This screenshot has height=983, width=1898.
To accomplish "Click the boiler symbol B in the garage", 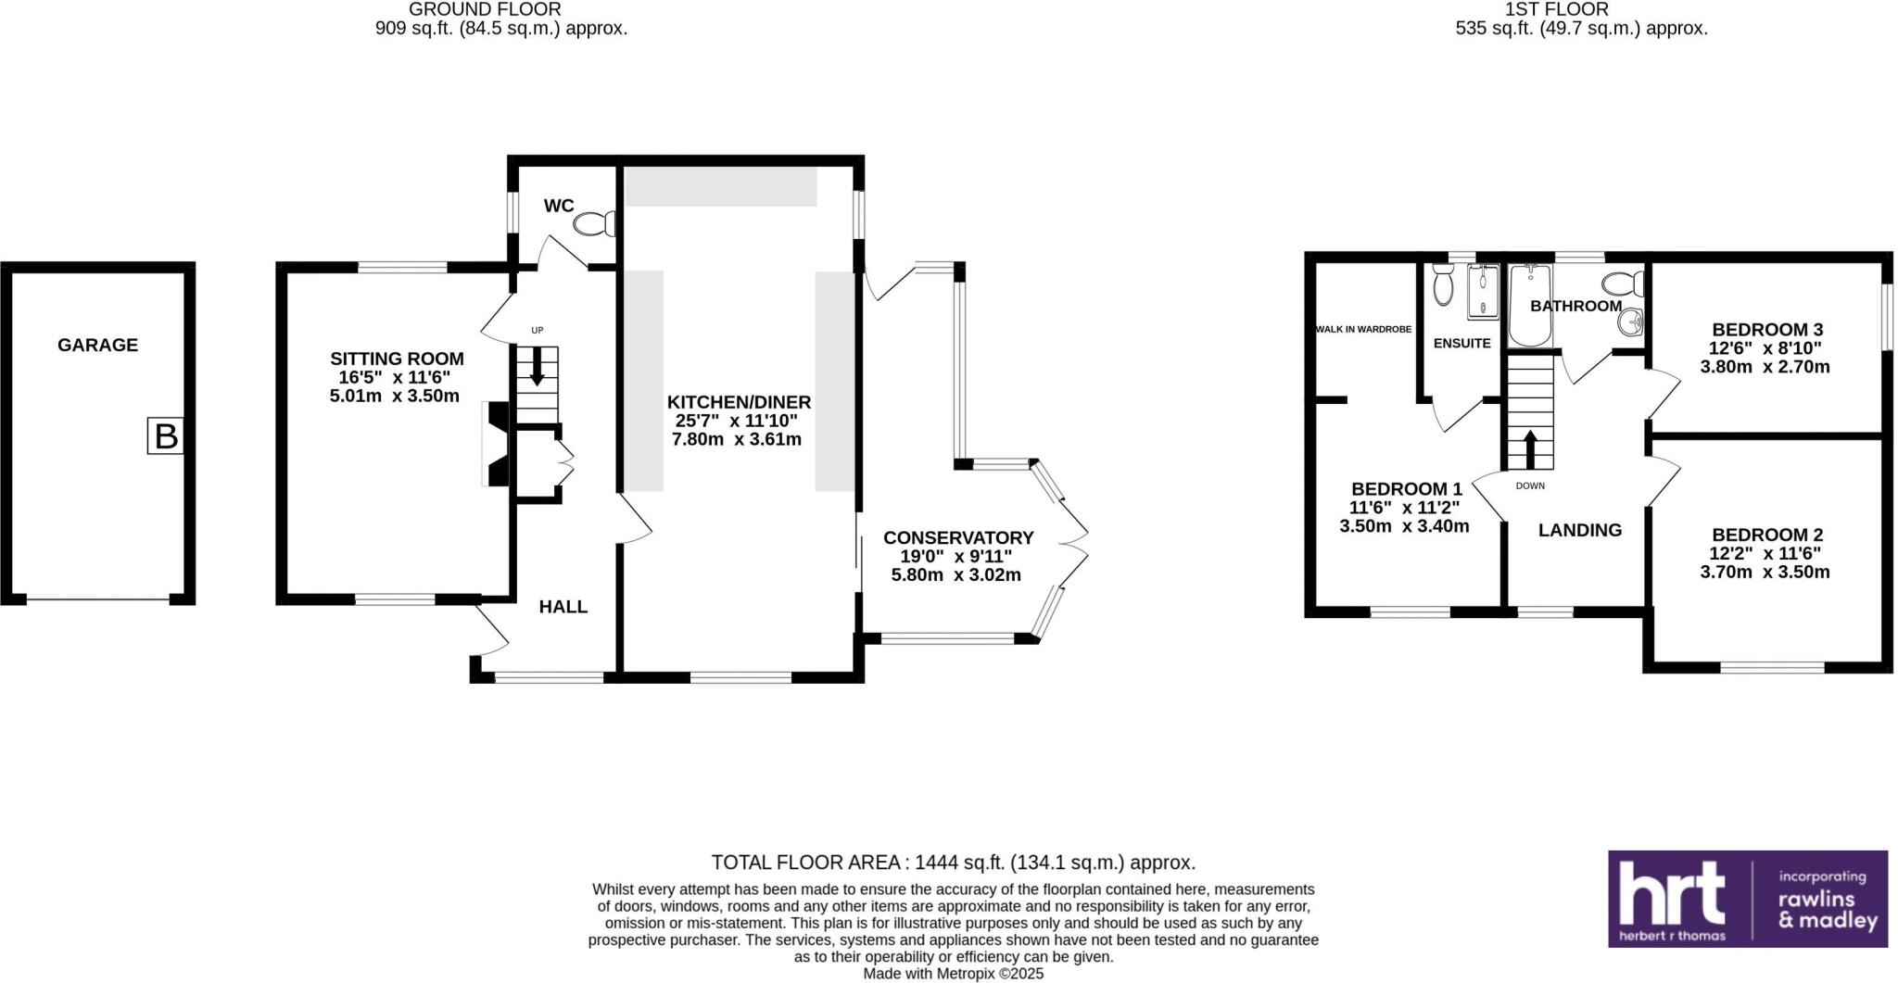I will pyautogui.click(x=166, y=436).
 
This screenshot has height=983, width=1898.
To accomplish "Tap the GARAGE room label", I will pyautogui.click(x=97, y=345).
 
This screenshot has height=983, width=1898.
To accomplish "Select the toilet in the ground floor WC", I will pyautogui.click(x=594, y=223).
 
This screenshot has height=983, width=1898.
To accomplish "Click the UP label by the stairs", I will pyautogui.click(x=537, y=330).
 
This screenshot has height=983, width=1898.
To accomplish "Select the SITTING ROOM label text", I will pyautogui.click(x=397, y=359).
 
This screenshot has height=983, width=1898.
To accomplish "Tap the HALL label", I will pyautogui.click(x=563, y=607).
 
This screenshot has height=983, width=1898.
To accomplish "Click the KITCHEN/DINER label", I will pyautogui.click(x=739, y=402).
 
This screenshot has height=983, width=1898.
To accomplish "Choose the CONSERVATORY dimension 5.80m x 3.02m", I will pyautogui.click(x=955, y=575).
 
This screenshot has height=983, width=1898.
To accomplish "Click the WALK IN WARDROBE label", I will pyautogui.click(x=1363, y=329).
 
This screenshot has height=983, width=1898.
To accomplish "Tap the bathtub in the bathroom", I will pyautogui.click(x=1529, y=306).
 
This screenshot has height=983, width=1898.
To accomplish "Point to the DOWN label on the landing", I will pyautogui.click(x=1530, y=485).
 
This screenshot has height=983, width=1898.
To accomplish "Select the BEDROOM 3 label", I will pyautogui.click(x=1766, y=330).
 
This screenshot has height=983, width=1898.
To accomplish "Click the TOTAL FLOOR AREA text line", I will pyautogui.click(x=953, y=863).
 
